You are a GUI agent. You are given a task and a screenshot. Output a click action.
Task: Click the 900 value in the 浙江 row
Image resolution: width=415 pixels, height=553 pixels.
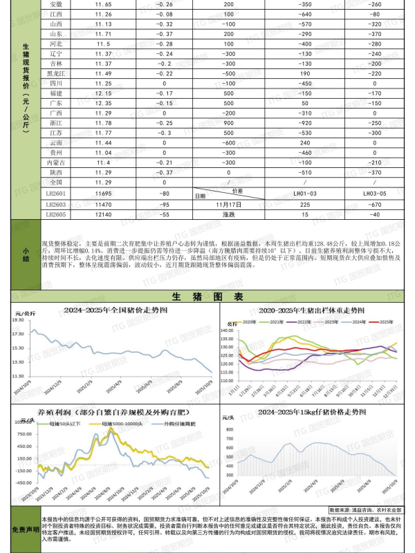point(229,122)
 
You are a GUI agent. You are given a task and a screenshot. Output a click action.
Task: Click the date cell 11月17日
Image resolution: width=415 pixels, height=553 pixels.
point(229,205)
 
